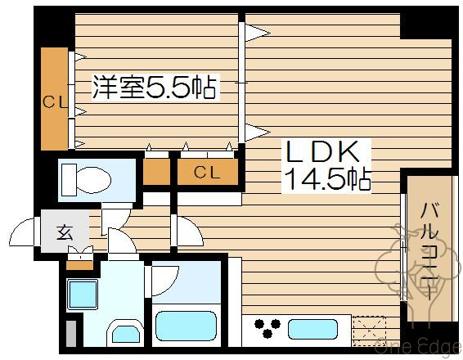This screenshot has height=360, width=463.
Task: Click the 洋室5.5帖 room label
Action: click(x=154, y=88)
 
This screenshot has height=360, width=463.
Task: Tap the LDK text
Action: click(x=321, y=152)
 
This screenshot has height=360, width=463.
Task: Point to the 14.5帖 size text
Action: click(x=326, y=178)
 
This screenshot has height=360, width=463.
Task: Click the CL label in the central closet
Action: click(x=206, y=172)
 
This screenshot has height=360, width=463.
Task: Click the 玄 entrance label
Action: click(x=65, y=232)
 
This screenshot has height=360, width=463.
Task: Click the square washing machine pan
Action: click(x=82, y=295)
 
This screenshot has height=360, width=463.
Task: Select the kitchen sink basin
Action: click(x=309, y=329)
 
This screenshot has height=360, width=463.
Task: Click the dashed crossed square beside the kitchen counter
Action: click(x=370, y=330)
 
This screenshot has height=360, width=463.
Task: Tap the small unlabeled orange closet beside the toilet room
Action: click(x=155, y=172)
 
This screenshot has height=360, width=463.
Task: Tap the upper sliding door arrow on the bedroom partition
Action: click(x=258, y=33)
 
